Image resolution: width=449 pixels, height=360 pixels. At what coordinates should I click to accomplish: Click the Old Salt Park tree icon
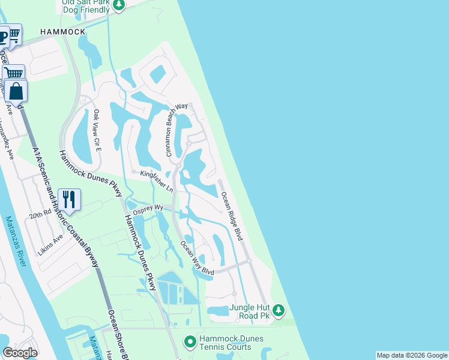pyautogui.click(x=119, y=5)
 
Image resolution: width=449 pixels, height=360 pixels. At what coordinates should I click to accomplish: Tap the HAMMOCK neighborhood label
pyautogui.click(x=62, y=31)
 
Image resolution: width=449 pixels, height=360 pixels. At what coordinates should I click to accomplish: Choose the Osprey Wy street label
pyautogui.click(x=149, y=207)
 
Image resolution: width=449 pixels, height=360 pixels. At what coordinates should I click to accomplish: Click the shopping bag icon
pyautogui.click(x=16, y=91)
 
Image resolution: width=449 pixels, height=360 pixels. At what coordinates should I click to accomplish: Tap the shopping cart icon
pyautogui.click(x=13, y=73)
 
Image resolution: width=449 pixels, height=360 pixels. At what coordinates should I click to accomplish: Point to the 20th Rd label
pyautogui.click(x=41, y=214)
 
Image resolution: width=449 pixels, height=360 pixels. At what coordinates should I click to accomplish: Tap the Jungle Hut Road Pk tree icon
pyautogui.click(x=278, y=310)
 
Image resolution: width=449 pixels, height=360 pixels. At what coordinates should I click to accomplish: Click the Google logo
pyautogui.click(x=20, y=353)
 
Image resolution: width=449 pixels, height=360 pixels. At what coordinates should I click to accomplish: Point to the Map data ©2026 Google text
pyautogui.click(x=412, y=355)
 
